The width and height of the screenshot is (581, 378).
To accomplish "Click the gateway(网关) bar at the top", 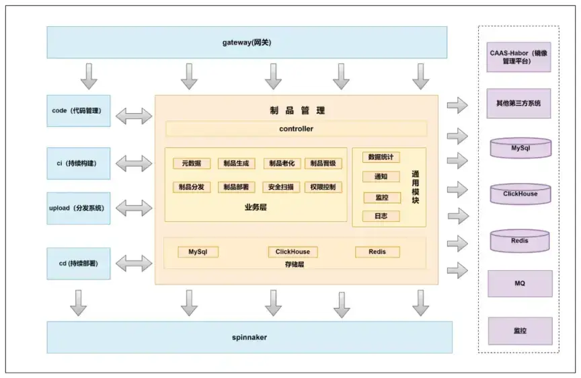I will tap(247, 42).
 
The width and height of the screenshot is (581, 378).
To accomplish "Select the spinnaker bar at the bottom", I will tap(249, 337).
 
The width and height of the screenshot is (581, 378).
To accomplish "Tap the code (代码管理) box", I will tap(78, 111).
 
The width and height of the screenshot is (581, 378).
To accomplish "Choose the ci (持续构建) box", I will tap(78, 163).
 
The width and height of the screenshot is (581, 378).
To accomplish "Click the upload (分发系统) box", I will tap(78, 209).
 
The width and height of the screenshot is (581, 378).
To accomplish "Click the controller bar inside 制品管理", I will tap(296, 128).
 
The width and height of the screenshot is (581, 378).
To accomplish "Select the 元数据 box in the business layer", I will tap(192, 163).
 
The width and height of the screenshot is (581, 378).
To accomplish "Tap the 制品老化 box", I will tap(281, 163).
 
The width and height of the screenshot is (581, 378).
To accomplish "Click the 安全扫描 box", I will tap(281, 187).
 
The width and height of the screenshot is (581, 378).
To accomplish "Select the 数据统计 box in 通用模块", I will tap(381, 157).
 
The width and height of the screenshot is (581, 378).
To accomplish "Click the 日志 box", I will tap(381, 216).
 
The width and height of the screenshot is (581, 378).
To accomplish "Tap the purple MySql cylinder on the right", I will tap(520, 148).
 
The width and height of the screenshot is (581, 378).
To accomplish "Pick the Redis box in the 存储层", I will tap(377, 252).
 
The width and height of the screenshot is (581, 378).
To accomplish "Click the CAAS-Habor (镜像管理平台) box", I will tap(519, 56).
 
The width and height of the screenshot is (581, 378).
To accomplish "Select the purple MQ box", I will tap(519, 284).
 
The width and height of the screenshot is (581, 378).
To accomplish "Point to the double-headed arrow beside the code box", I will tap(134, 116).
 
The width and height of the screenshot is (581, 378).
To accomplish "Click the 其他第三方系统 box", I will tap(519, 104).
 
